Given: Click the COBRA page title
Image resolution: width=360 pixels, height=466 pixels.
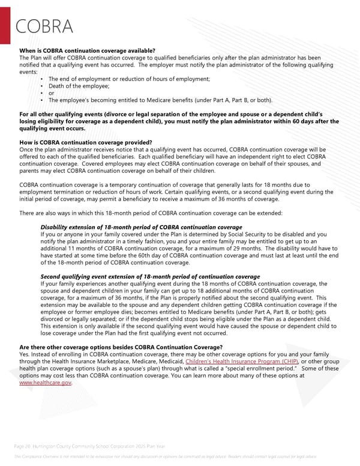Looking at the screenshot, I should click(x=45, y=27).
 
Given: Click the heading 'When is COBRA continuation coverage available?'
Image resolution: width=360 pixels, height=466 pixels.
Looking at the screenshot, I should click(x=88, y=50).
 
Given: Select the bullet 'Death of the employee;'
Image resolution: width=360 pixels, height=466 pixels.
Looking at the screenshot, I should click(x=75, y=86).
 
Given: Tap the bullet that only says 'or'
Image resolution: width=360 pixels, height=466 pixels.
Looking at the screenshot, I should click(x=52, y=93).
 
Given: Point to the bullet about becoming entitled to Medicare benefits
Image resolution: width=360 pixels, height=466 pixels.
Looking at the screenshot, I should click(x=160, y=100).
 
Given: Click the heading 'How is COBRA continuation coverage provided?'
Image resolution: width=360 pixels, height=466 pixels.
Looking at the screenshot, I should click(x=85, y=142).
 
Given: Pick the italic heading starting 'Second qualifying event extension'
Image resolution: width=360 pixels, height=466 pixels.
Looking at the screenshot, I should click(x=150, y=277).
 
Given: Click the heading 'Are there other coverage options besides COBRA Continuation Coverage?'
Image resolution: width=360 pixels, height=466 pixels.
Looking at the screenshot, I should click(x=121, y=348).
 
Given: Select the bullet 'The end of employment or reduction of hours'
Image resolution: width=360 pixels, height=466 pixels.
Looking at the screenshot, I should click(x=129, y=79).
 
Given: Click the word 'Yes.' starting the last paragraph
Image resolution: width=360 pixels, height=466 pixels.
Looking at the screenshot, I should click(x=26, y=355).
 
